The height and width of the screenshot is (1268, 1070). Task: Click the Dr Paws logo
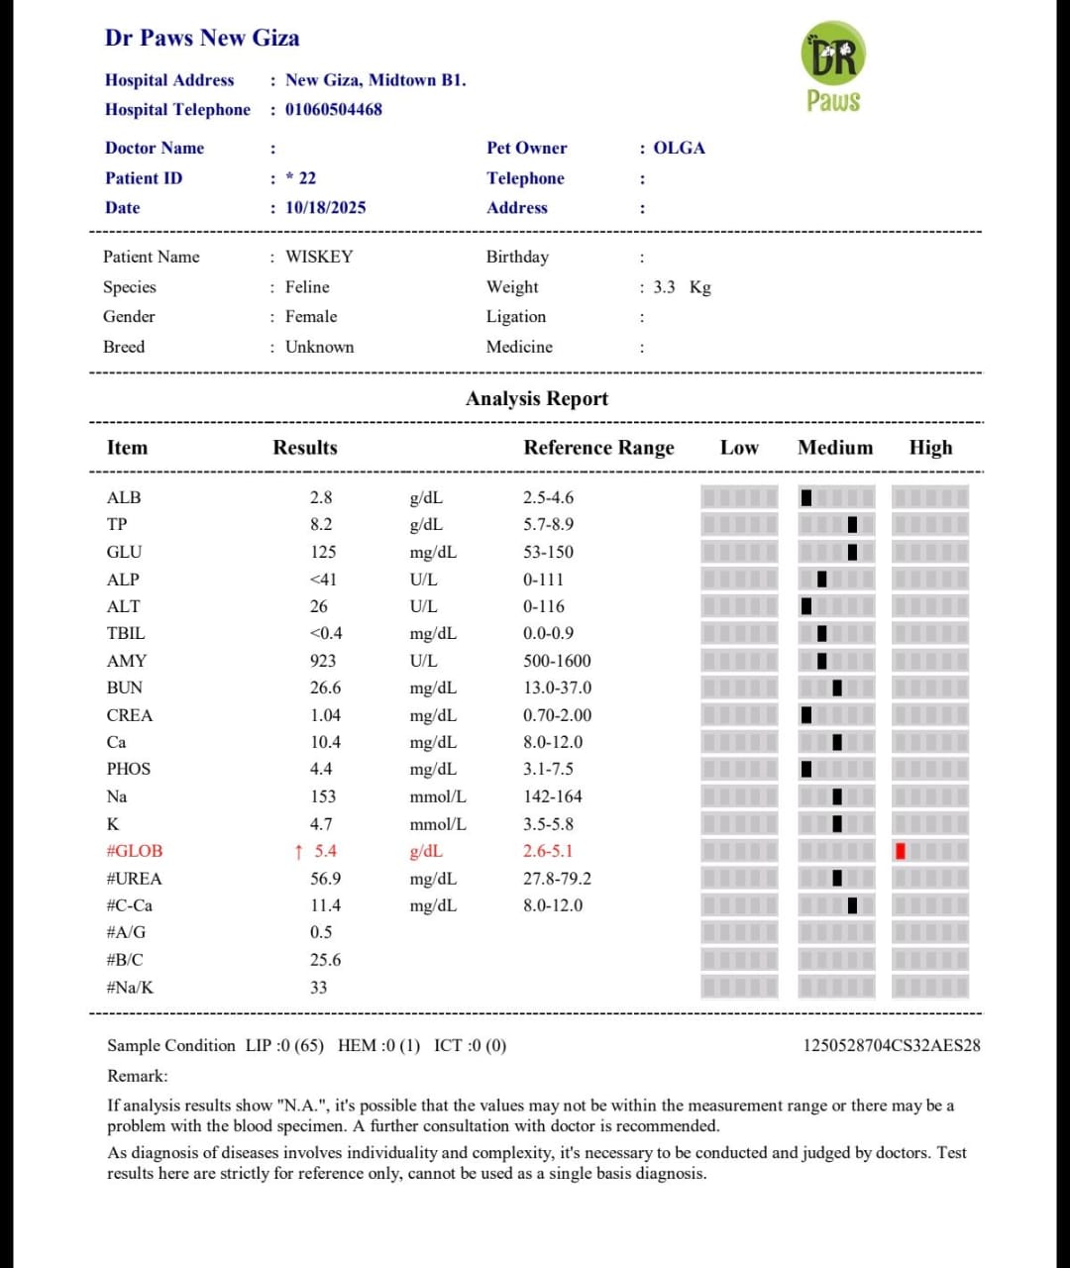[833, 67]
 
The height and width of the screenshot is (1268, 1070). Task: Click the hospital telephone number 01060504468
[334, 109]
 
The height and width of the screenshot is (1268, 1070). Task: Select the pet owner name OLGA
[680, 148]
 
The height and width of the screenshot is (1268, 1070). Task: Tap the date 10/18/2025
[326, 207]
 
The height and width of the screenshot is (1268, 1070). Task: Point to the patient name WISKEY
[319, 257]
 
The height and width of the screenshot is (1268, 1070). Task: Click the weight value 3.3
[664, 287]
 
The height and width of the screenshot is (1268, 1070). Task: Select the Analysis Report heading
[537, 398]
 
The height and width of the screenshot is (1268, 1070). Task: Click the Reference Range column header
[598, 448]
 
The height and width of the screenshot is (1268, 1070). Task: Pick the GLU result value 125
[323, 552]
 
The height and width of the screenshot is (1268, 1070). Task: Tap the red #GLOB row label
[135, 851]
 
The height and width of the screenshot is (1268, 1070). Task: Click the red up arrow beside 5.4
[299, 851]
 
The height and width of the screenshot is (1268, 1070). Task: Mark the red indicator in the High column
[900, 851]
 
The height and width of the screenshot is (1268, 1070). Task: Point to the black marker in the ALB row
[806, 497]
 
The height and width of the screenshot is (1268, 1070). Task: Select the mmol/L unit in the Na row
[438, 796]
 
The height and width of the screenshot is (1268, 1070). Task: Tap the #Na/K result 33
[318, 988]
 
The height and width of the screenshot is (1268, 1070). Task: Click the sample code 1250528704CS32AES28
[892, 1045]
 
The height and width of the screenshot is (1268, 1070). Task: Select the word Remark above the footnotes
[138, 1076]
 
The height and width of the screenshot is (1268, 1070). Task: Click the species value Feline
[307, 287]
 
